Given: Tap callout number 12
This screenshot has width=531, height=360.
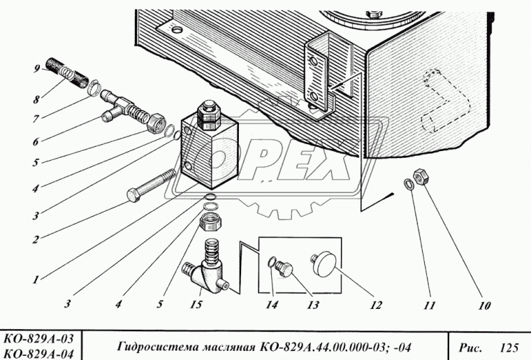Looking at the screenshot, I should pos(377,305).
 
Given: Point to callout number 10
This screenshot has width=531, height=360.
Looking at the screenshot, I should pos(483,305).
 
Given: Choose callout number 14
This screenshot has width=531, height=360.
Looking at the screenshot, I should pos(271,305).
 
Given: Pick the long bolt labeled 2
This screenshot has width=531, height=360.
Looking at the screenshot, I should pos(152,186).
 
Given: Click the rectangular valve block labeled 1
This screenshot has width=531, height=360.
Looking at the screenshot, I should pos(210,150).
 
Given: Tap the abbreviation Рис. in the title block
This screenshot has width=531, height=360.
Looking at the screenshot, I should pos(469,345).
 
